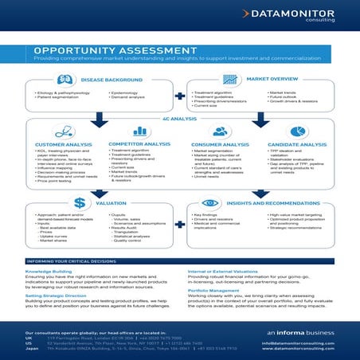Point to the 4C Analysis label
[179, 117]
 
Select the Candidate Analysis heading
[299, 144]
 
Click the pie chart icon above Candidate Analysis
[299, 131]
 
